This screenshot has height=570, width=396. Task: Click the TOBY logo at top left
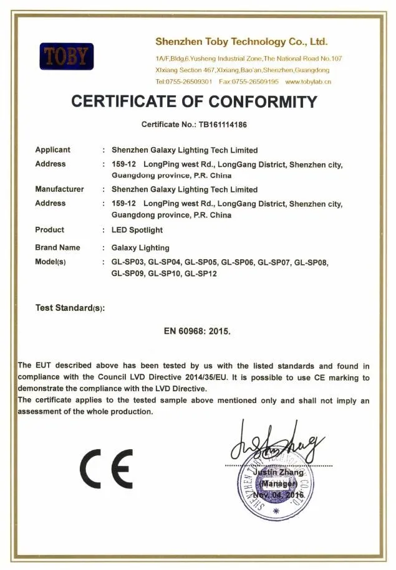(x=66, y=57)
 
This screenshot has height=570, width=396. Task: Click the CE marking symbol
(x=106, y=468)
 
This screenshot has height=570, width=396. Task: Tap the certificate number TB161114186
(x=223, y=125)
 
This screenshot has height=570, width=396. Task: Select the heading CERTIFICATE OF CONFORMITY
(x=194, y=102)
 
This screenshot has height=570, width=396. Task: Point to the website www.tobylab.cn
(x=308, y=82)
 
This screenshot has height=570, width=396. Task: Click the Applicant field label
(x=53, y=150)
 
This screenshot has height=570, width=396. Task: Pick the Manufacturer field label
(x=59, y=189)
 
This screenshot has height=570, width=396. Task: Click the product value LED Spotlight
(x=137, y=230)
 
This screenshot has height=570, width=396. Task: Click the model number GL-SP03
(x=128, y=263)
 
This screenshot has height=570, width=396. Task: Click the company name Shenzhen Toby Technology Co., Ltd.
(x=241, y=42)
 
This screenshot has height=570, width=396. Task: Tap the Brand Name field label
(x=57, y=248)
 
